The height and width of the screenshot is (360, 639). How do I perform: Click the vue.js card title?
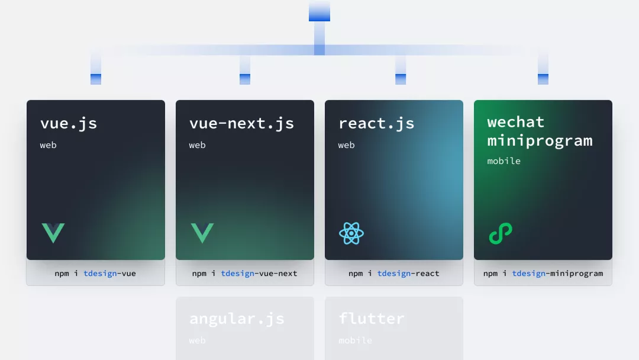click(x=69, y=124)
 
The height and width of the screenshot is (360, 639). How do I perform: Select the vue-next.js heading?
click(x=241, y=124)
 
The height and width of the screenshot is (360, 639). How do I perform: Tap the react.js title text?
click(x=376, y=124)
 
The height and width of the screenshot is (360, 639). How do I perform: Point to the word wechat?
click(x=516, y=122)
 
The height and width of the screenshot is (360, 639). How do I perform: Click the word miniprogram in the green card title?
click(x=540, y=141)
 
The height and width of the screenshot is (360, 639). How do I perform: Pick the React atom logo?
click(x=351, y=233)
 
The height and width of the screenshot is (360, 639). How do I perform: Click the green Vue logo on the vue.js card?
click(x=53, y=233)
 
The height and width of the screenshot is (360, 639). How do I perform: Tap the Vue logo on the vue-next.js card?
click(x=202, y=233)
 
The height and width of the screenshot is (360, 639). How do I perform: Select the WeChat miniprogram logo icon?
click(x=501, y=233)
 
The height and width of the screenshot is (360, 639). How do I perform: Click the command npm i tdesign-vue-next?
click(x=244, y=274)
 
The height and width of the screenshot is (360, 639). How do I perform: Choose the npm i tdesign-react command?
click(x=393, y=274)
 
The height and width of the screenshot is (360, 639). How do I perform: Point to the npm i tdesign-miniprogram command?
click(x=543, y=274)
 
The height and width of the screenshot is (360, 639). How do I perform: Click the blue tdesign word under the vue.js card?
click(x=101, y=274)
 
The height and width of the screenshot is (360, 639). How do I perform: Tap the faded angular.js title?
click(x=237, y=319)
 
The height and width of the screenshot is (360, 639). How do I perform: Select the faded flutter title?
click(x=372, y=319)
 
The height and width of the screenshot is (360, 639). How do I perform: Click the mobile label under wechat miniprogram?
click(x=504, y=161)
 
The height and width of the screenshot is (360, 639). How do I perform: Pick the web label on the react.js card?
click(x=346, y=145)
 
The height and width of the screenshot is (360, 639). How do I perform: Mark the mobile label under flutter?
click(x=355, y=340)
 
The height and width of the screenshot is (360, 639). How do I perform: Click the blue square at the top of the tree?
click(x=319, y=11)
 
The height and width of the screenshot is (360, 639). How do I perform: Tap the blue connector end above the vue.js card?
click(x=96, y=79)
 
